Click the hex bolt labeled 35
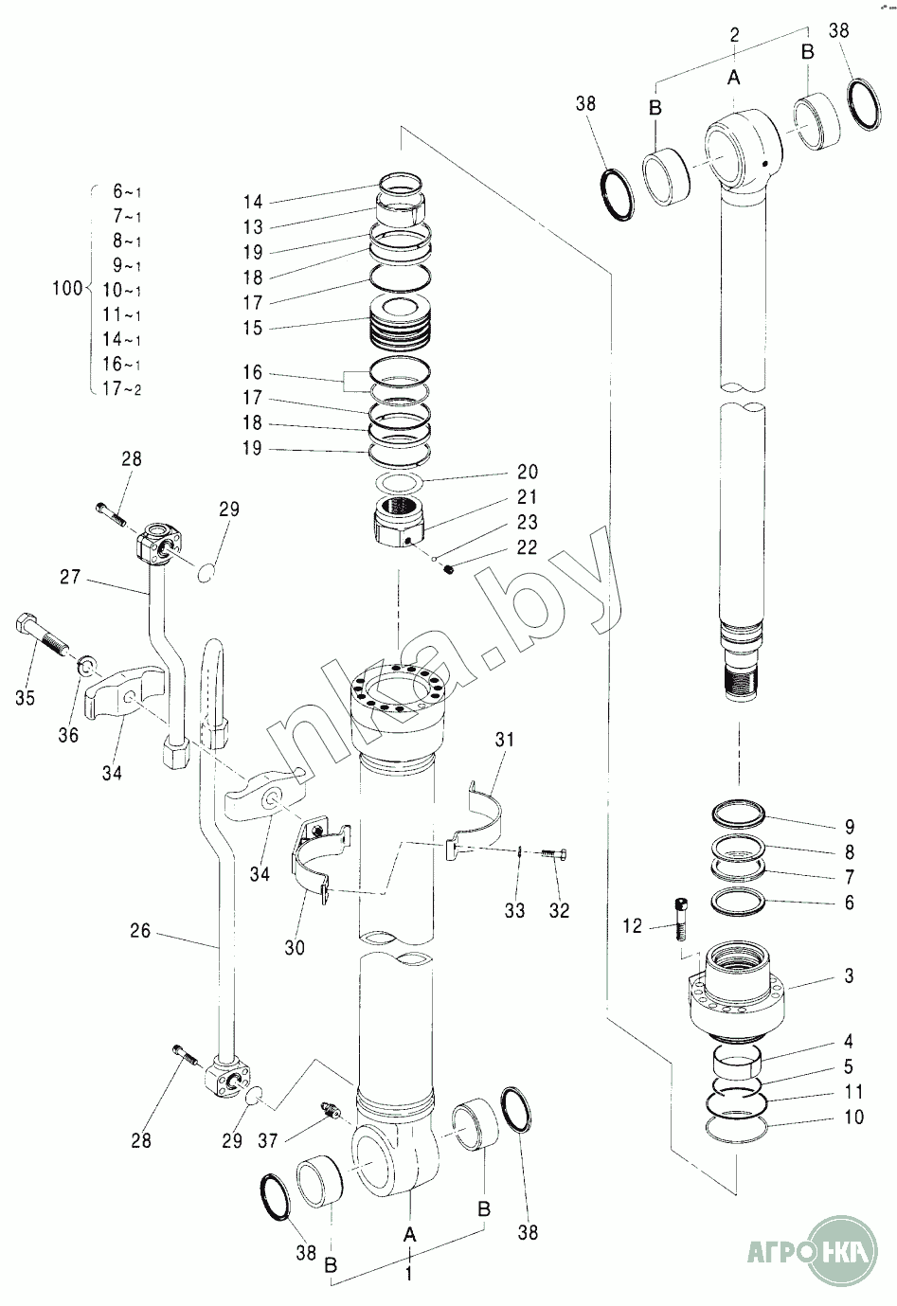pos(40,635)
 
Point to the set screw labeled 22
pos(449,569)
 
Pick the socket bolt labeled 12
pos(681,919)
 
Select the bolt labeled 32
pos(553,855)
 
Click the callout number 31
pos(505,741)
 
